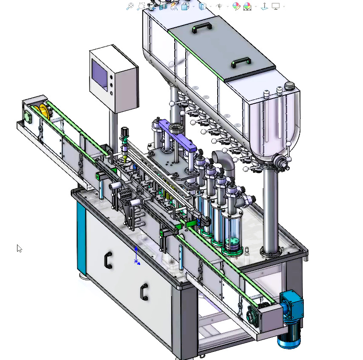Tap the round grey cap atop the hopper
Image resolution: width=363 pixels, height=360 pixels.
[289, 86]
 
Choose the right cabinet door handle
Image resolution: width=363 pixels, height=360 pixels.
[144, 293]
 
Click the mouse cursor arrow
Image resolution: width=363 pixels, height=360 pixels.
[19, 248]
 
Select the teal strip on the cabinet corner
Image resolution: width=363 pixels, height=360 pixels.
[81, 239]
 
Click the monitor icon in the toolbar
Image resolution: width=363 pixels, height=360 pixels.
[276, 6]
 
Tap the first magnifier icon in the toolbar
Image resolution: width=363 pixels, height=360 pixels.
[130, 6]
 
